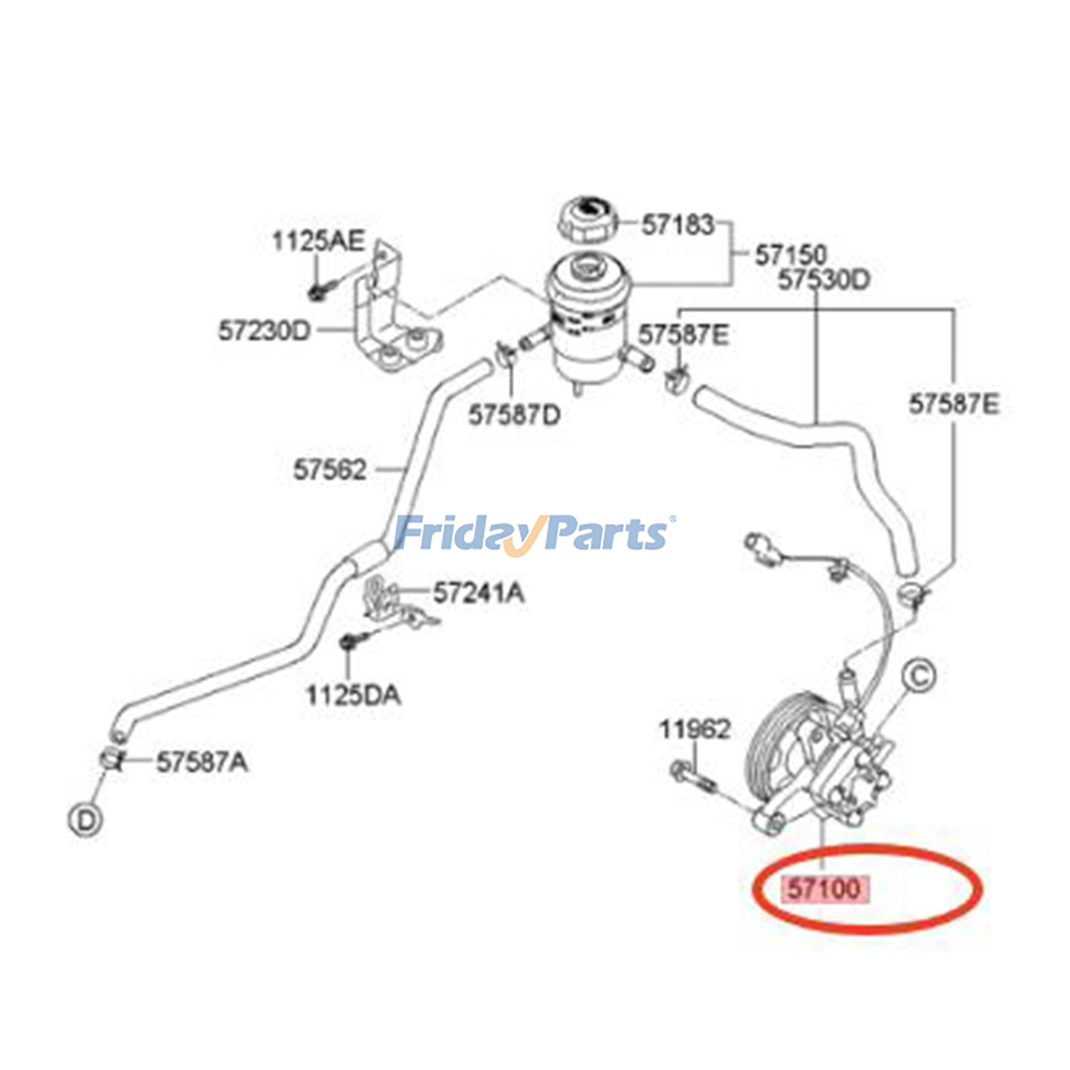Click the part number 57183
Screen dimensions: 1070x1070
(677, 225)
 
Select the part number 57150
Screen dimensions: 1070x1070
(790, 255)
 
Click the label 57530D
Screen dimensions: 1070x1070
(823, 280)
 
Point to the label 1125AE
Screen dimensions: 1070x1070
(318, 241)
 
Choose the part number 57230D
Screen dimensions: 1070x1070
(265, 330)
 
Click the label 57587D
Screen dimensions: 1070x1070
(514, 415)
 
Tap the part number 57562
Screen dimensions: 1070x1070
(330, 470)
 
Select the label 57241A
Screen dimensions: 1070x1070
(479, 593)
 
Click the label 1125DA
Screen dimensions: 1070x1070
(353, 695)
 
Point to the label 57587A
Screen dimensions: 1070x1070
(202, 762)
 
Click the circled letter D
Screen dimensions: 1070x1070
(85, 820)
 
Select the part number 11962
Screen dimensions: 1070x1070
(695, 729)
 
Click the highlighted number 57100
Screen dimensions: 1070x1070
(825, 889)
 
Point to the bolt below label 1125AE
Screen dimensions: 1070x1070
(316, 292)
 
